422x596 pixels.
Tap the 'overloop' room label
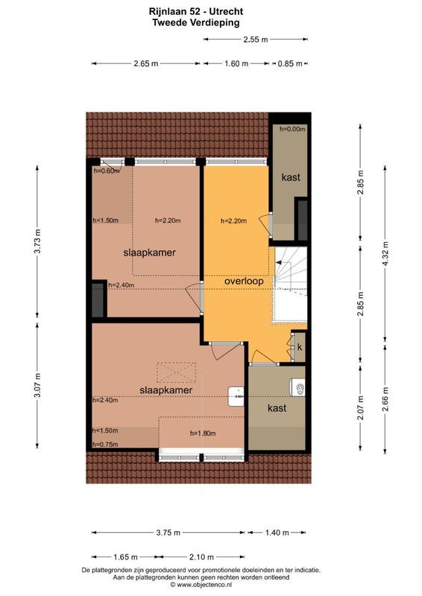coord(246,281)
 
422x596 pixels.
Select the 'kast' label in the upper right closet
coord(291,178)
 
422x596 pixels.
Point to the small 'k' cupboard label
coord(299,347)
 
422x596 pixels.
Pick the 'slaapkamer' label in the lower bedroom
coord(166,390)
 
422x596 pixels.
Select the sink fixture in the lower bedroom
coord(237,395)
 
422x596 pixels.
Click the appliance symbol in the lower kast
coord(297,388)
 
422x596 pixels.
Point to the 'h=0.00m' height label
coord(292,129)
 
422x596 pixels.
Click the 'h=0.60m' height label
coord(106,171)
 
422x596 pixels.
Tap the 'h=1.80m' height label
coord(202,434)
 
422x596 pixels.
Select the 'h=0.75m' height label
coord(105,445)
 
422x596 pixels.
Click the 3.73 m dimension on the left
coord(37,242)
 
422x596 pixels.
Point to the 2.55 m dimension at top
coord(255,39)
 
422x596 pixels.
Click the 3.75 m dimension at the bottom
coord(169,532)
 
